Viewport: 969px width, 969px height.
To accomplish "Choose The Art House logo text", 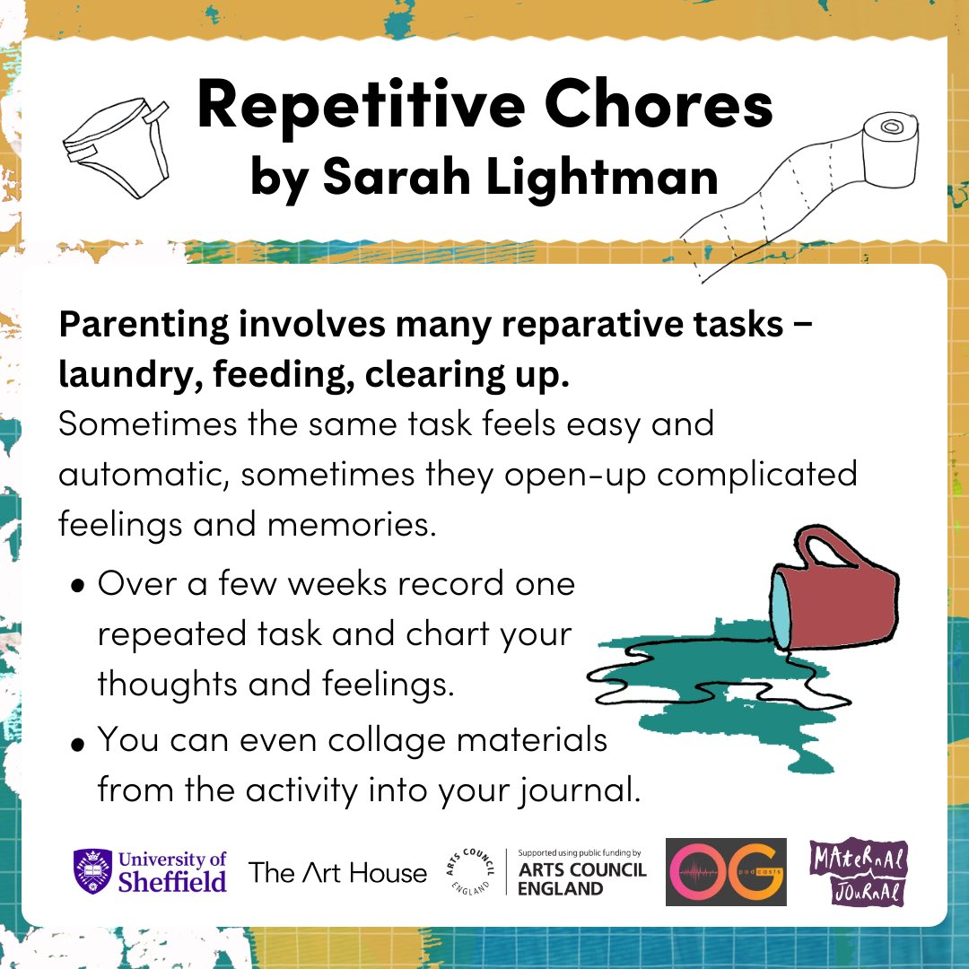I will (x=337, y=871).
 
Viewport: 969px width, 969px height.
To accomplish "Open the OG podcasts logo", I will (x=726, y=871).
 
